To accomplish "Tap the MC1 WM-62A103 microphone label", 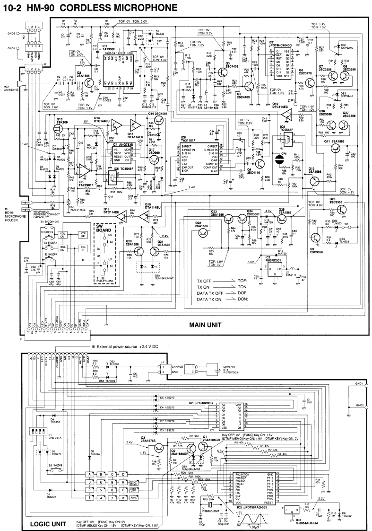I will [11, 88].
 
